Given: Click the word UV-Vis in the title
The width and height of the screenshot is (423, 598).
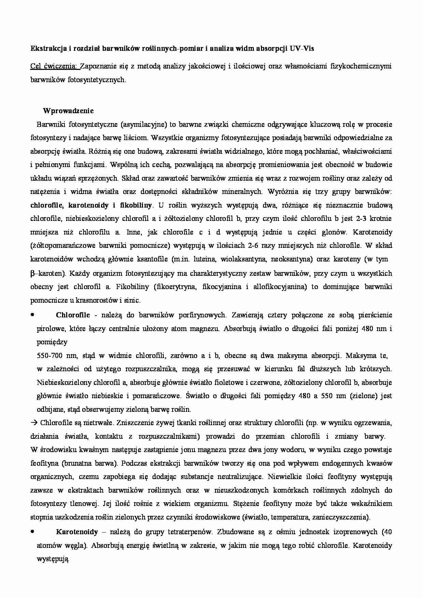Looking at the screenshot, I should (302, 48).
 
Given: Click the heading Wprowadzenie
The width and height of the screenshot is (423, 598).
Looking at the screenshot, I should (68, 111).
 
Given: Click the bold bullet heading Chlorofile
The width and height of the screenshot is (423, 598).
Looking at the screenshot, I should (73, 315).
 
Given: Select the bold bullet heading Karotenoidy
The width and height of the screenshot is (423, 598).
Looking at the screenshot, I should (77, 532).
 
